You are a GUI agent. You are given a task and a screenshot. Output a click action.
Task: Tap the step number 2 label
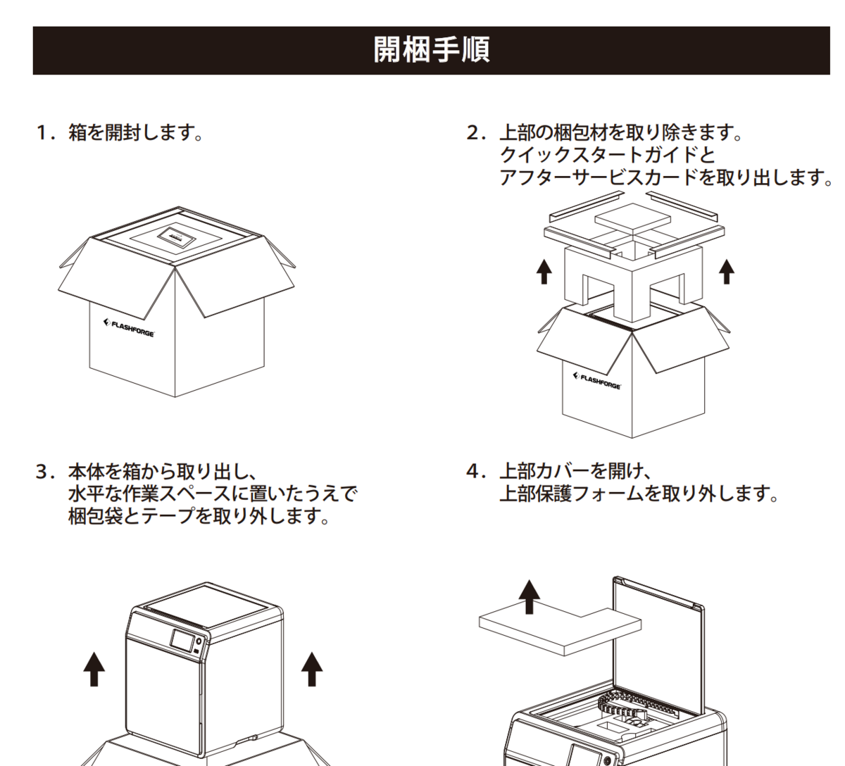click(475, 132)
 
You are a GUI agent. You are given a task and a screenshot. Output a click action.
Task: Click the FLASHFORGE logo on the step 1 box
click(130, 327)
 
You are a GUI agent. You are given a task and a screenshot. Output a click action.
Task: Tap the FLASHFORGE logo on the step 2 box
click(597, 381)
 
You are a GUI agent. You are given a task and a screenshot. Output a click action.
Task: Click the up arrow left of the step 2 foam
click(544, 271)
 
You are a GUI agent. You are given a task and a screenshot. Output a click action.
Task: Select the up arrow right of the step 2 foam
click(727, 271)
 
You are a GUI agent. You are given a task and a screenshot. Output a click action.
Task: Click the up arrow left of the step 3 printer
click(94, 668)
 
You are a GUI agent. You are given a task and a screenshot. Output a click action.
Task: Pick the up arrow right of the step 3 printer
click(312, 668)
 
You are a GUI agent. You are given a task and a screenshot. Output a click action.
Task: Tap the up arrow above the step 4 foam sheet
click(528, 597)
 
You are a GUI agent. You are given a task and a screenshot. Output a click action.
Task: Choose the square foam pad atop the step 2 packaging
click(631, 219)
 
